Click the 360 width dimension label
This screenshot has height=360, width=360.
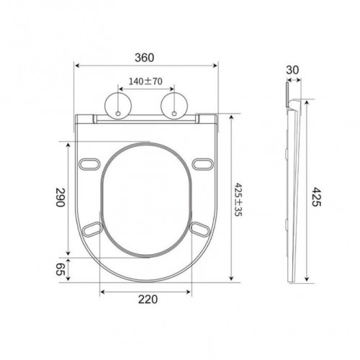point(145,58)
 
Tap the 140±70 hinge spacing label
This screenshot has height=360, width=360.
point(145,81)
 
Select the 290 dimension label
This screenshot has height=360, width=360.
point(60,197)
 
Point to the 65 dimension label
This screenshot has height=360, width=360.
point(60,269)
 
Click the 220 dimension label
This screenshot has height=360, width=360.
point(148,300)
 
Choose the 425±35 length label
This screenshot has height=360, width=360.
point(238,199)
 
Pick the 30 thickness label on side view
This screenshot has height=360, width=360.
point(292,70)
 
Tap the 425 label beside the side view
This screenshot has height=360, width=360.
point(316,197)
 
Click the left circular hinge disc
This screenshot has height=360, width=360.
point(118,106)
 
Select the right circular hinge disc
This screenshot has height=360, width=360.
point(174,106)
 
